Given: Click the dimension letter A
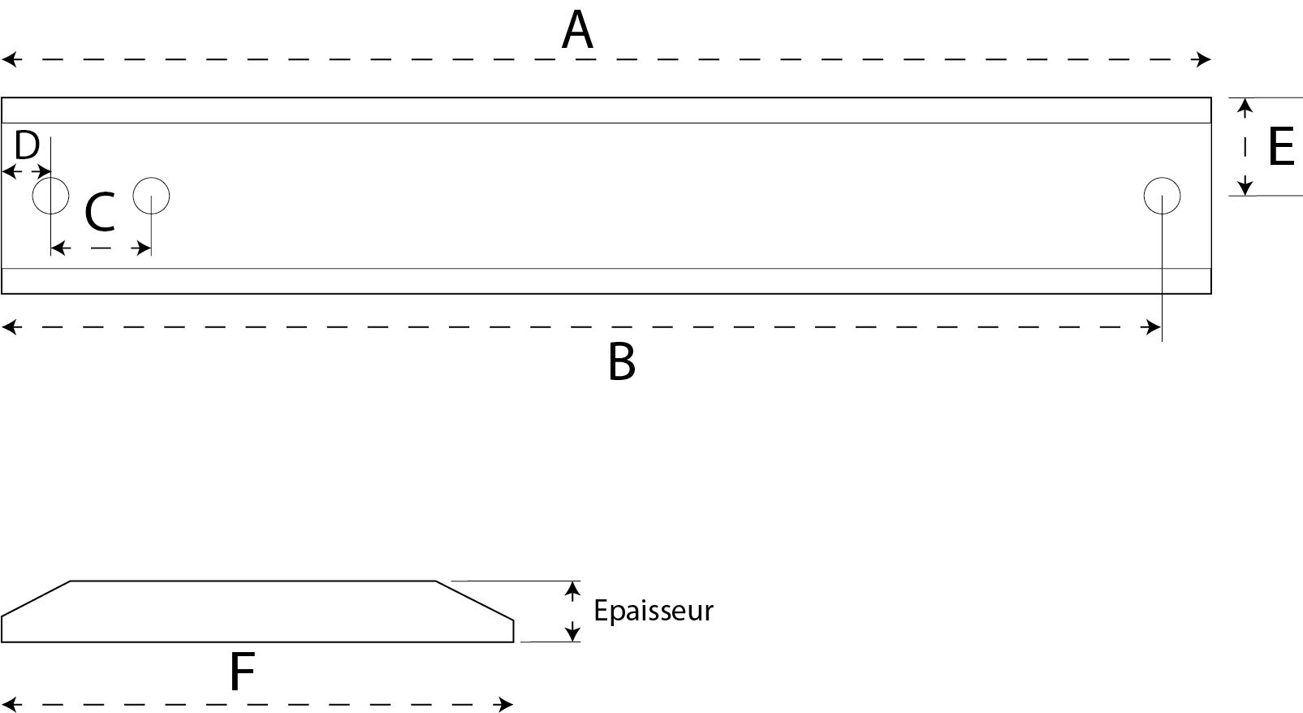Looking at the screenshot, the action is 577,30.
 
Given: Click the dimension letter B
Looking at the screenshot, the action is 621,362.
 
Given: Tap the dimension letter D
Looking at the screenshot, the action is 27,145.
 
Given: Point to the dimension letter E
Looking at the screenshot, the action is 1281,146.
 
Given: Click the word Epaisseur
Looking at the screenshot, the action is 654,611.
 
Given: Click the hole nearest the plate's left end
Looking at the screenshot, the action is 50,178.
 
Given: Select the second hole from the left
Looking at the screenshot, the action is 151,178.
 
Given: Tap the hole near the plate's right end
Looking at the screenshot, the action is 1163,178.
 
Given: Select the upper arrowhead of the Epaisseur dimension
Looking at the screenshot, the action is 573,591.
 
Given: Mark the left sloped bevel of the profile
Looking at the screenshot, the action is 36,598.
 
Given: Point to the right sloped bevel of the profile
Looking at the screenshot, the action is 475,600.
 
